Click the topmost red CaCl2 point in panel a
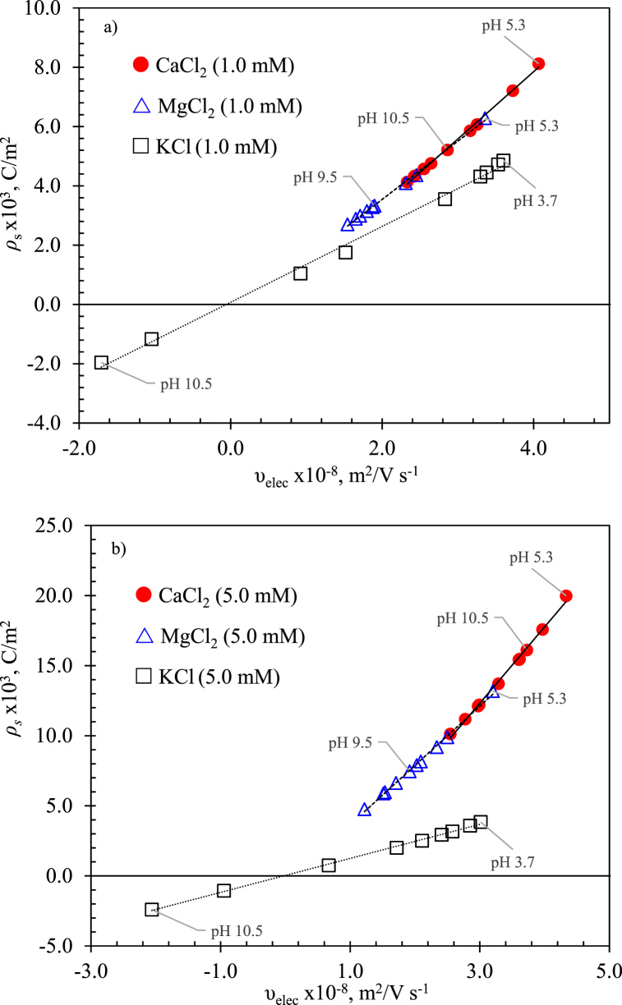click(538, 63)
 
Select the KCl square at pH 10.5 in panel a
click(101, 363)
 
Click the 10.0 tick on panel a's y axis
click(55, 8)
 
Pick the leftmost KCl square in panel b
click(151, 909)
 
